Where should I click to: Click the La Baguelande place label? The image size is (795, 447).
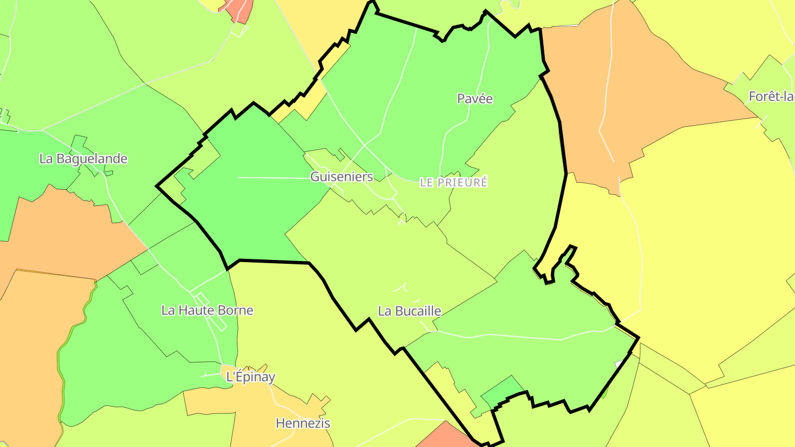(x=83, y=159)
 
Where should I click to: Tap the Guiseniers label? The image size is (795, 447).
(x=342, y=177)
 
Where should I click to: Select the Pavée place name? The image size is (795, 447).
(x=475, y=99)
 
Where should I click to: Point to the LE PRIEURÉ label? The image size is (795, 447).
(x=454, y=182)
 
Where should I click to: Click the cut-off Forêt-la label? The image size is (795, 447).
(x=771, y=97)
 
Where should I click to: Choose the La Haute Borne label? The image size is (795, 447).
(x=207, y=310)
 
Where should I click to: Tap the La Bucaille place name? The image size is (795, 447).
(x=410, y=311)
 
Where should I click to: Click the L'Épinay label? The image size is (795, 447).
(x=251, y=377)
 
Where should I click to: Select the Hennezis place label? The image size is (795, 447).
(x=303, y=423)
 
